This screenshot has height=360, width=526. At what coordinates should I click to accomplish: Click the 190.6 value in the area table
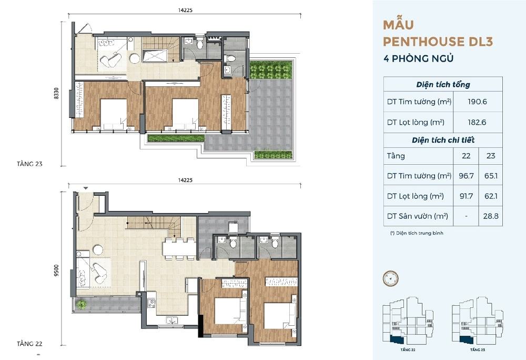pyautogui.click(x=477, y=102)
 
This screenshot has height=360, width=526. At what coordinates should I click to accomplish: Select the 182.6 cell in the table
pyautogui.click(x=477, y=123)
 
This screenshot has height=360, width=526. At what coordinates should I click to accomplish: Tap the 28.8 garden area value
pyautogui.click(x=491, y=216)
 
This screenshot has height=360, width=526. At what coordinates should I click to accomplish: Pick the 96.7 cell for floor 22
pyautogui.click(x=466, y=176)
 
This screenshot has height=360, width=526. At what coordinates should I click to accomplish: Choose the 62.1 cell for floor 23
pyautogui.click(x=491, y=196)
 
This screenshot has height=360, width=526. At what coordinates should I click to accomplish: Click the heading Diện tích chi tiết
pyautogui.click(x=443, y=140)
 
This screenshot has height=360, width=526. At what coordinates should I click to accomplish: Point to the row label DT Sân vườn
pyautogui.click(x=418, y=216)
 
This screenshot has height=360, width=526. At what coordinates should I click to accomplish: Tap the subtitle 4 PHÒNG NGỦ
pyautogui.click(x=418, y=58)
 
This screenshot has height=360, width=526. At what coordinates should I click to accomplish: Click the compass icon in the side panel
pyautogui.click(x=391, y=279)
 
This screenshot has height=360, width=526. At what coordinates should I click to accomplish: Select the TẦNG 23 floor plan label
pyautogui.click(x=29, y=164)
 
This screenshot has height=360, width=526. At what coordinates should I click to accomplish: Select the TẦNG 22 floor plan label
pyautogui.click(x=29, y=344)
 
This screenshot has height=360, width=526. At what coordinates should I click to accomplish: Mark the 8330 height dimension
pyautogui.click(x=56, y=93)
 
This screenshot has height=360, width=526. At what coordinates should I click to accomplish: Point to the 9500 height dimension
pyautogui.click(x=56, y=271)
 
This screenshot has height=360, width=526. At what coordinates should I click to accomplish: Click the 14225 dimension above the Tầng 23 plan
pyautogui.click(x=185, y=10)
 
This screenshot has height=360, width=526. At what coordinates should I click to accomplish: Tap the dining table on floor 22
pyautogui.click(x=179, y=249)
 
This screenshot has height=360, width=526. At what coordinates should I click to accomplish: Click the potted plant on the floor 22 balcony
pyautogui.click(x=81, y=304)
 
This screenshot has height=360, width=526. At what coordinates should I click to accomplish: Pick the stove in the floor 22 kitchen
pyautogui.click(x=151, y=303)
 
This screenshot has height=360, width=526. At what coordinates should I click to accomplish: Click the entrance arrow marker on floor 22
pyautogui.click(x=86, y=188)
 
